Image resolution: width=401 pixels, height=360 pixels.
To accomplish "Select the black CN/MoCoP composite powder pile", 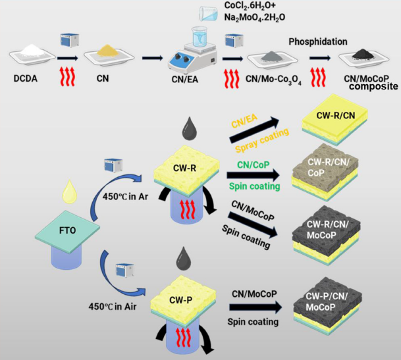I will (x=363, y=58).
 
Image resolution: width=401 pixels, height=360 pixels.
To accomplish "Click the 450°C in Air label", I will (x=115, y=306).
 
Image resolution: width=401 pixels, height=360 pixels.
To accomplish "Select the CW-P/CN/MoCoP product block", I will (x=341, y=312).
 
